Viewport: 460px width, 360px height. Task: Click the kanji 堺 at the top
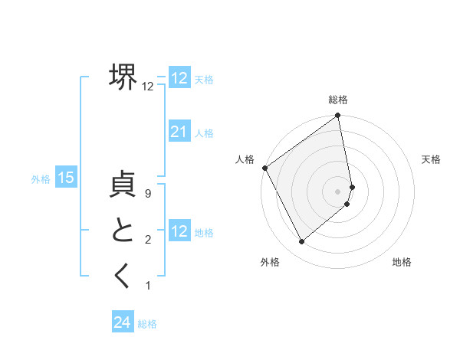click(x=123, y=77)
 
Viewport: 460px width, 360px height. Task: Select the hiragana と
click(x=123, y=231)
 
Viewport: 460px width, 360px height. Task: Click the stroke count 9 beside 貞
click(x=148, y=195)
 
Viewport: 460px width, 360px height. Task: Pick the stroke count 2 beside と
click(x=148, y=241)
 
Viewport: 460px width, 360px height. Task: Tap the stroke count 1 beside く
click(x=148, y=286)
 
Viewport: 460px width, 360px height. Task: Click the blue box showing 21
click(x=179, y=132)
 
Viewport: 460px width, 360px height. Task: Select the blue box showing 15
click(x=66, y=178)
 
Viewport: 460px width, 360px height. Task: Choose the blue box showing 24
click(x=123, y=322)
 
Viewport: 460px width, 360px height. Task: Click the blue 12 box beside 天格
click(x=179, y=78)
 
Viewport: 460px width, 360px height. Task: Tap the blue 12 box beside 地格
click(x=179, y=231)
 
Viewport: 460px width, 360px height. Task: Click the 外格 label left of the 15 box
click(x=41, y=179)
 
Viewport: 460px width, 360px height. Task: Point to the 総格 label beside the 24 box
click(x=147, y=324)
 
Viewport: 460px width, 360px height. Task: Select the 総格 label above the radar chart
click(x=338, y=100)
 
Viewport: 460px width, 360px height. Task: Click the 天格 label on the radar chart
click(x=432, y=159)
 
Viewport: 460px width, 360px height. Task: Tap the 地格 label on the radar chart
click(x=402, y=262)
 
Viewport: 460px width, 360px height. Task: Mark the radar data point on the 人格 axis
click(x=264, y=168)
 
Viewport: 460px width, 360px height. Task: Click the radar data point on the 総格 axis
click(x=338, y=116)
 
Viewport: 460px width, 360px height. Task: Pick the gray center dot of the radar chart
click(x=338, y=191)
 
